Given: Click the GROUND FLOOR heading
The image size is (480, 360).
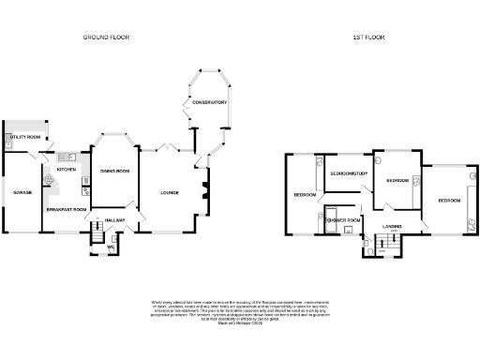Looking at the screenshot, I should (106, 37).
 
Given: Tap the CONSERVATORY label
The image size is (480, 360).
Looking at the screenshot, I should (209, 128).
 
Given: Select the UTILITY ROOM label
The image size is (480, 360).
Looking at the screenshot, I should (25, 138).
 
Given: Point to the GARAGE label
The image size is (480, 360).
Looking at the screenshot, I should (22, 191).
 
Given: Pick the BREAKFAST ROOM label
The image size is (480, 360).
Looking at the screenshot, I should (67, 209).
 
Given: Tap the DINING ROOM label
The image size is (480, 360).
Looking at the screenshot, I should (114, 172).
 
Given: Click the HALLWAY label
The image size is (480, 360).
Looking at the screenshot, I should (114, 219).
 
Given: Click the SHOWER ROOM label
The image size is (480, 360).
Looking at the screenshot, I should (344, 220).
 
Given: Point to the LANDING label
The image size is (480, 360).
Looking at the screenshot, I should (393, 225).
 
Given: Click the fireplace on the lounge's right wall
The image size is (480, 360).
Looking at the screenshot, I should (201, 192).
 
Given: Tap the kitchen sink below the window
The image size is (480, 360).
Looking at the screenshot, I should (67, 156).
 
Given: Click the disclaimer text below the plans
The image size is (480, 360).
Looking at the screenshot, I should (240, 312).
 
